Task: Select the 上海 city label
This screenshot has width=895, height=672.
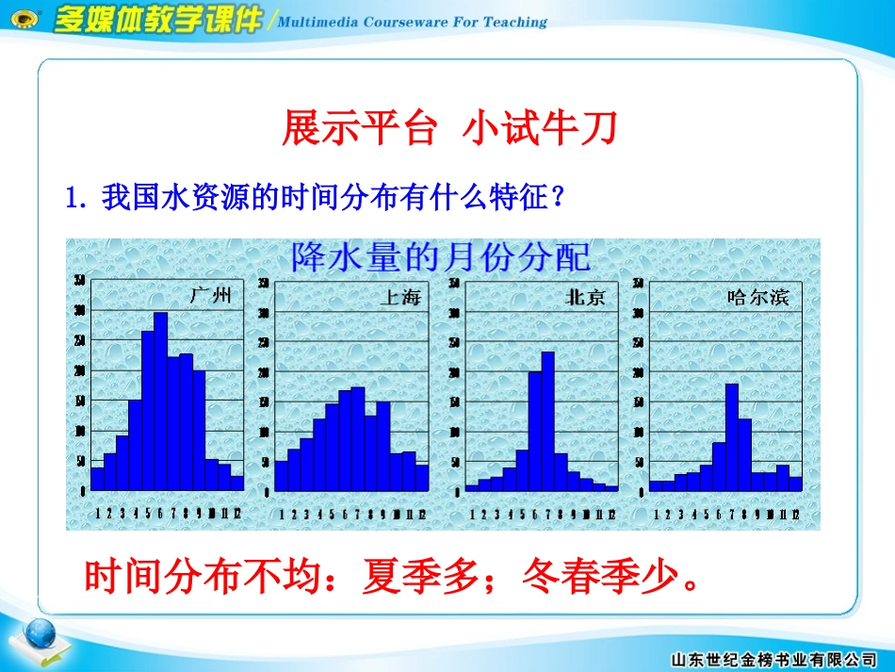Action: click(x=399, y=298)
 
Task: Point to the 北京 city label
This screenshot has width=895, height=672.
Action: click(x=584, y=298)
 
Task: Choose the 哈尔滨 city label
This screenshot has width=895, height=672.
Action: click(x=759, y=298)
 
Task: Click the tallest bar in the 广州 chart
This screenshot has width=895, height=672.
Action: click(x=160, y=401)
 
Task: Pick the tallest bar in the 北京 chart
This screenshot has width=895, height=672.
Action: click(x=547, y=420)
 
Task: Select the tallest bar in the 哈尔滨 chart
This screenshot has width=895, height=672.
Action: click(x=731, y=436)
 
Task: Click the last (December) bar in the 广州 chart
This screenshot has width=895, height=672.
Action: click(x=236, y=483)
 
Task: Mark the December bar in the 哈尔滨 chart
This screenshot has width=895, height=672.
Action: click(x=795, y=484)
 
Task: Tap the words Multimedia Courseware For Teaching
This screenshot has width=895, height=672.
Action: click(x=414, y=22)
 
